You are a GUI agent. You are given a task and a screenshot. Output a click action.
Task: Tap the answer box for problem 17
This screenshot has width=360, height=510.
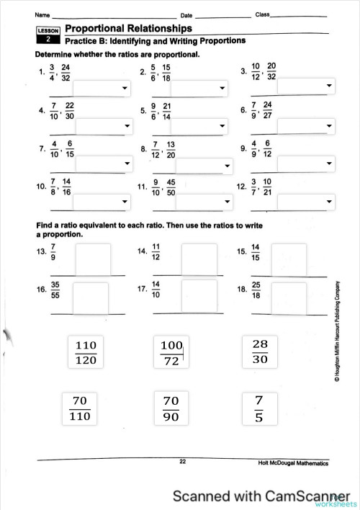point(199,296)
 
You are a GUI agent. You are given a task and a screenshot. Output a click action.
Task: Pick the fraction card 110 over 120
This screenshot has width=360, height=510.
point(86,352)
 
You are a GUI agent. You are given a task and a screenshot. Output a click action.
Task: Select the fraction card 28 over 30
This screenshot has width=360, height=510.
point(260,352)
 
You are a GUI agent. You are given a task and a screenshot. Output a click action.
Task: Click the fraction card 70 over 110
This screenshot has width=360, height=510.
point(86,408)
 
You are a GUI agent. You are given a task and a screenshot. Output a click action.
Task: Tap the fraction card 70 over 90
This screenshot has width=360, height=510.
point(171,408)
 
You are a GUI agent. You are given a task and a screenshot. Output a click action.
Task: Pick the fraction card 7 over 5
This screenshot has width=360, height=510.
point(260,408)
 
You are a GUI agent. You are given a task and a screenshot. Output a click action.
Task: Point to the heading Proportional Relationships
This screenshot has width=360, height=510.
point(128,29)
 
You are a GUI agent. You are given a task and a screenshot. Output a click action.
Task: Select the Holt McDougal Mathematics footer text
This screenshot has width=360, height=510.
point(293,463)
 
